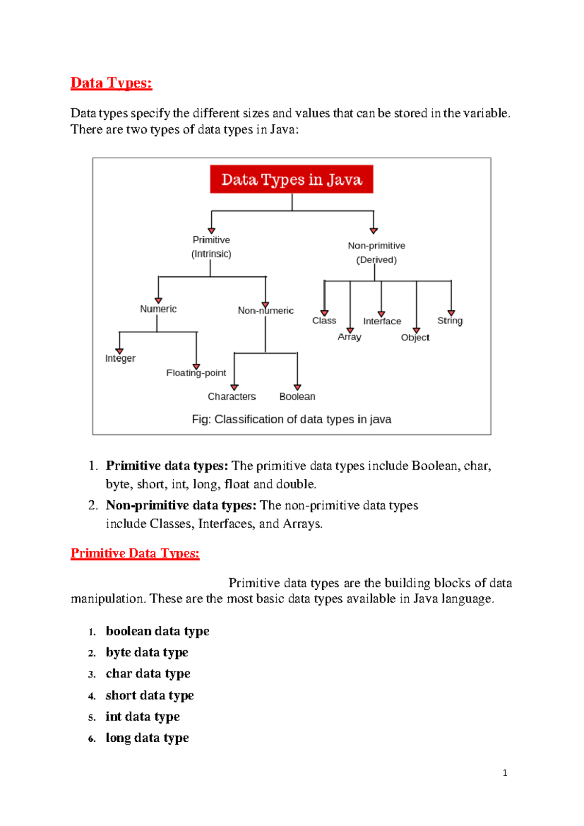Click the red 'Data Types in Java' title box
(x=292, y=179)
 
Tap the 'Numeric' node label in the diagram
(x=158, y=309)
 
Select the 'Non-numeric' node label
(x=266, y=310)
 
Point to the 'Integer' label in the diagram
(x=120, y=358)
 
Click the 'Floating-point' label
(x=196, y=373)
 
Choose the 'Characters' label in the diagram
(x=232, y=396)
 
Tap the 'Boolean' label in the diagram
(x=297, y=396)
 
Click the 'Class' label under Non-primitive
(x=324, y=320)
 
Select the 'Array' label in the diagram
(x=349, y=337)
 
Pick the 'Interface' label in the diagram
(x=382, y=321)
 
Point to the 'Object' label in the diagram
(x=415, y=338)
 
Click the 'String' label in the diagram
(x=450, y=320)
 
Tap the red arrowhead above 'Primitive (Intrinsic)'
(x=212, y=231)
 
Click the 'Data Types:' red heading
(x=111, y=83)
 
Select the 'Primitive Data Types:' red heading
(x=135, y=553)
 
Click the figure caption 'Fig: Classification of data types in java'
(x=292, y=419)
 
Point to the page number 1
(x=505, y=773)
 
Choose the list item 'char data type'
(x=148, y=674)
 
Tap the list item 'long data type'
(x=147, y=738)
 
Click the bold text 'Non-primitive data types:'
(x=181, y=506)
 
